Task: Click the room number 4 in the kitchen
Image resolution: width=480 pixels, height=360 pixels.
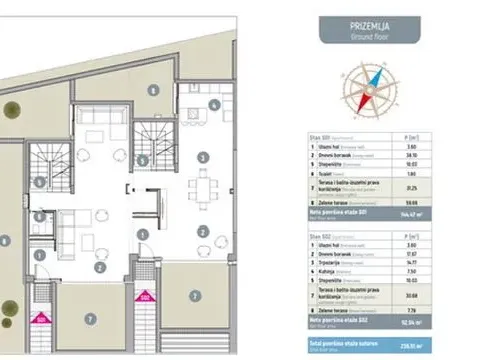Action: pos(214,104)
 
